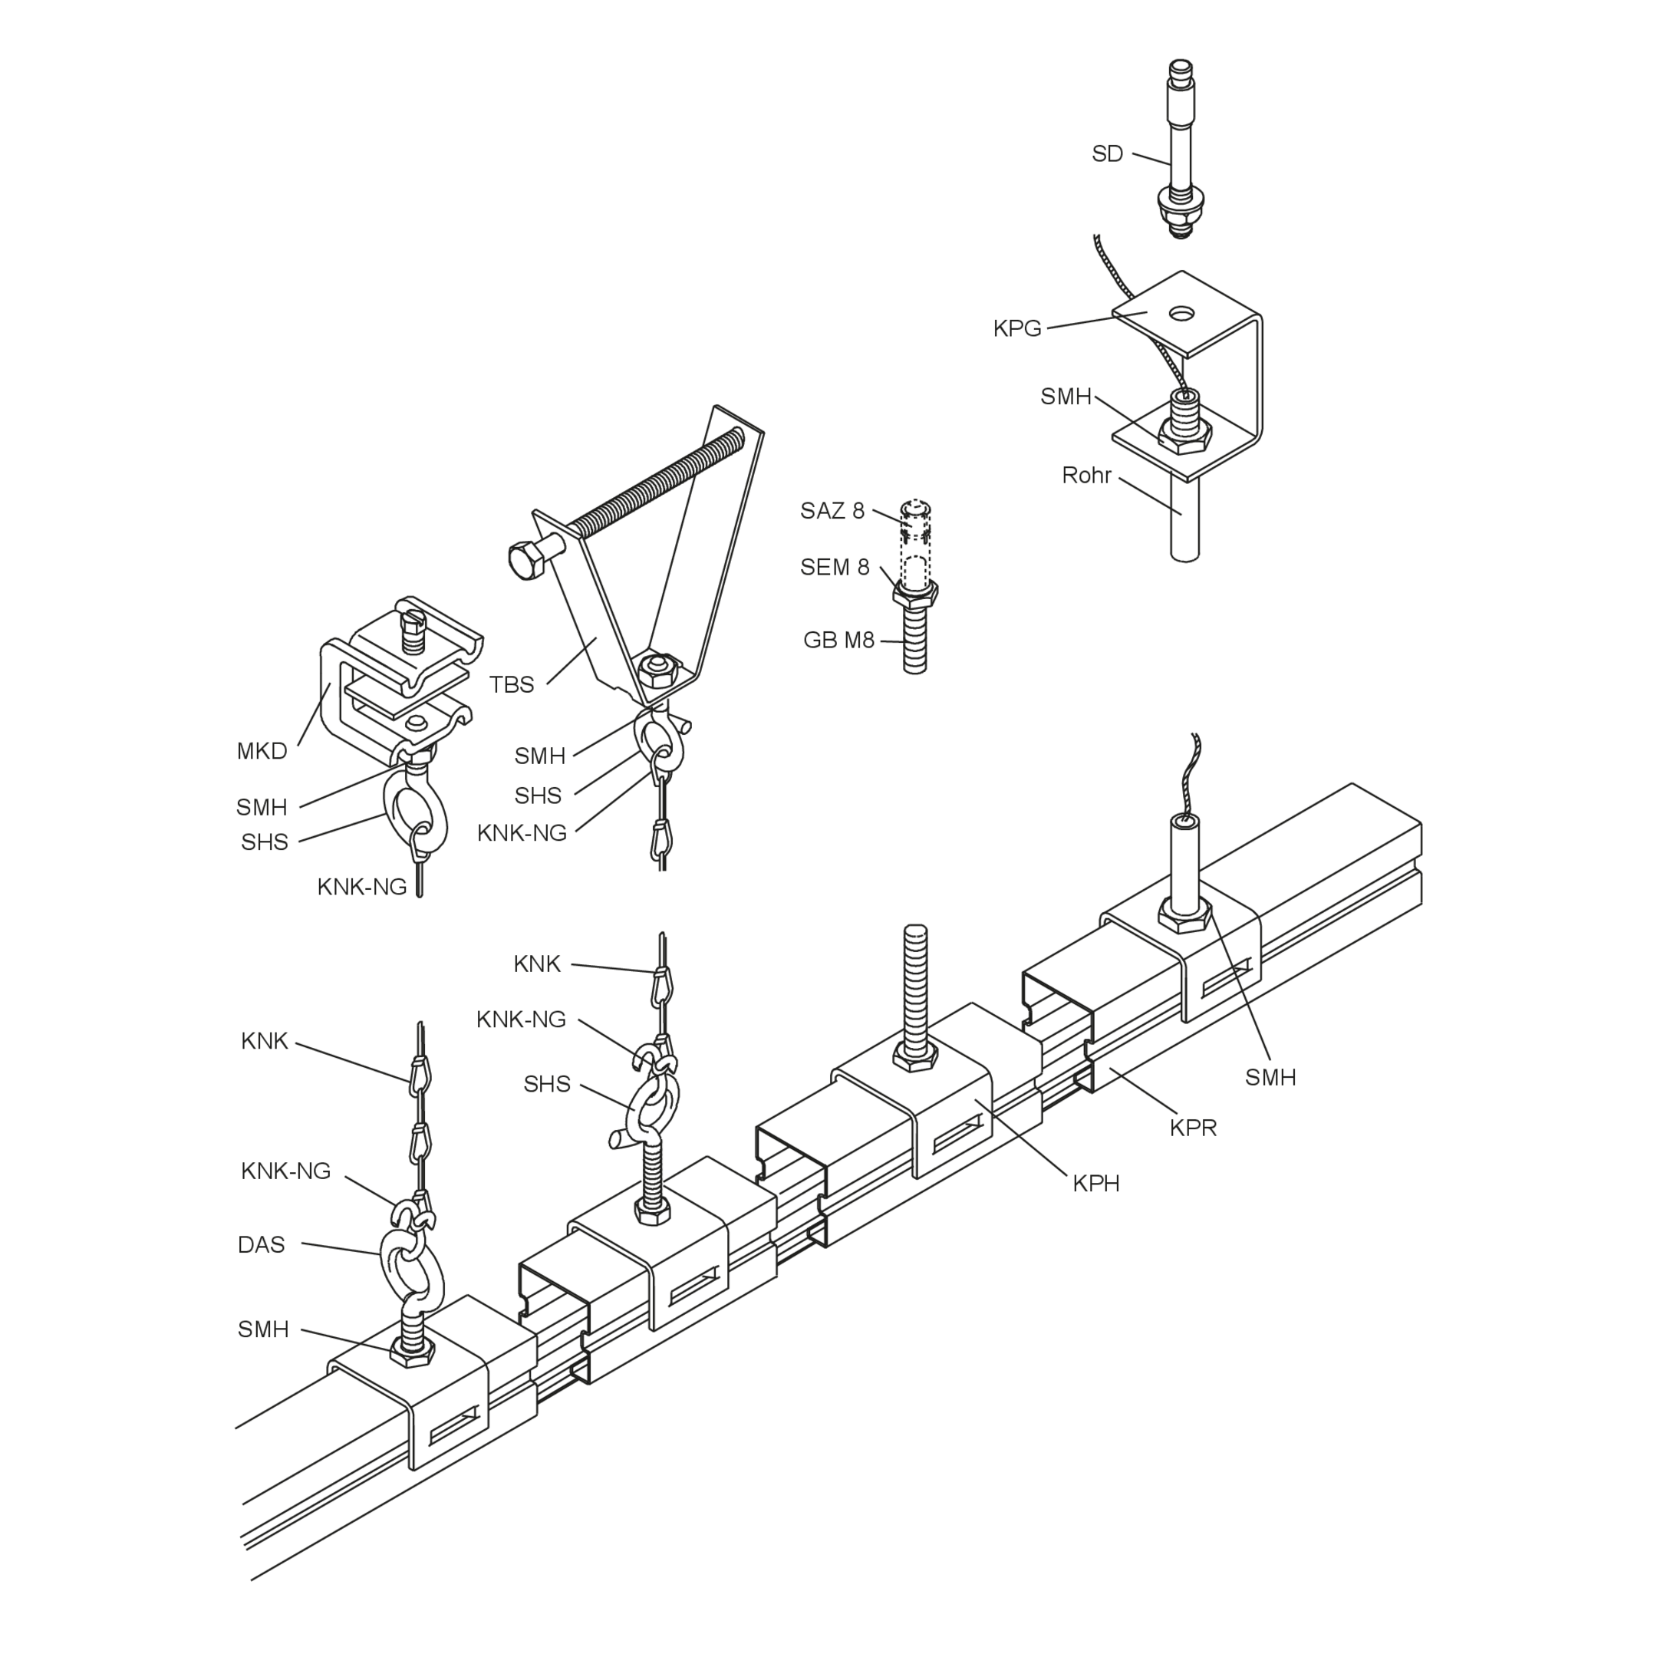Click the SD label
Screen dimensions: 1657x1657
(1107, 154)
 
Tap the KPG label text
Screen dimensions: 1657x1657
(1017, 328)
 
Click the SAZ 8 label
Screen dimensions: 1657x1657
(832, 511)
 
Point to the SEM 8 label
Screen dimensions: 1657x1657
(835, 567)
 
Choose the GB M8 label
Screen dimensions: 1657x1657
(838, 640)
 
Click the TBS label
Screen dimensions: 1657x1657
(512, 684)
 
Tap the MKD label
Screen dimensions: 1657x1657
(262, 751)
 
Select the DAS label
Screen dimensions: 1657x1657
(261, 1244)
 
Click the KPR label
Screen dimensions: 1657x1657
(1193, 1128)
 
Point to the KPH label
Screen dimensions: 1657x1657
(1096, 1184)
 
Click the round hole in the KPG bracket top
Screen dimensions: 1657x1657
(1183, 312)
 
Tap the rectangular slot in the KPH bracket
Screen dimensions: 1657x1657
(957, 1135)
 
